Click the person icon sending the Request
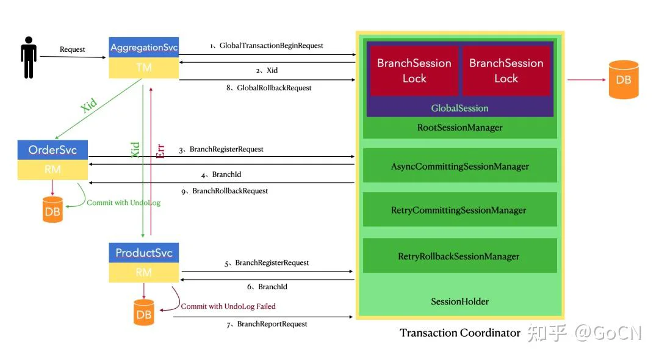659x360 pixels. [29, 57]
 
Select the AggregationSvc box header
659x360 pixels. [144, 48]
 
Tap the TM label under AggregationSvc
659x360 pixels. [144, 68]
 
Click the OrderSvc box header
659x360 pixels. [52, 150]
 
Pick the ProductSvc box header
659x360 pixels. [144, 253]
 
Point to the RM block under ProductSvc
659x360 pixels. [144, 273]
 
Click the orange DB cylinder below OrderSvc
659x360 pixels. [52, 210]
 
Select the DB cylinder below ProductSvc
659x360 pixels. [144, 312]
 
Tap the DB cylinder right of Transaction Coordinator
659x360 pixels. [624, 79]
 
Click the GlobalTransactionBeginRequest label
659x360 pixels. [271, 45]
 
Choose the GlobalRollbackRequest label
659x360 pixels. [274, 88]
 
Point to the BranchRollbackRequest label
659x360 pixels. [230, 191]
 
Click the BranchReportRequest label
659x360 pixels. [272, 324]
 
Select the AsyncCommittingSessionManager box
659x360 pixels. [460, 165]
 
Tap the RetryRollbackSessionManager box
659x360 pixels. [460, 256]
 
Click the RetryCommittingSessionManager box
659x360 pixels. [460, 210]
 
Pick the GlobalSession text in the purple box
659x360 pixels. [460, 108]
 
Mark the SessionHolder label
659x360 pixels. [460, 301]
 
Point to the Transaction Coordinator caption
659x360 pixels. [460, 333]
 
